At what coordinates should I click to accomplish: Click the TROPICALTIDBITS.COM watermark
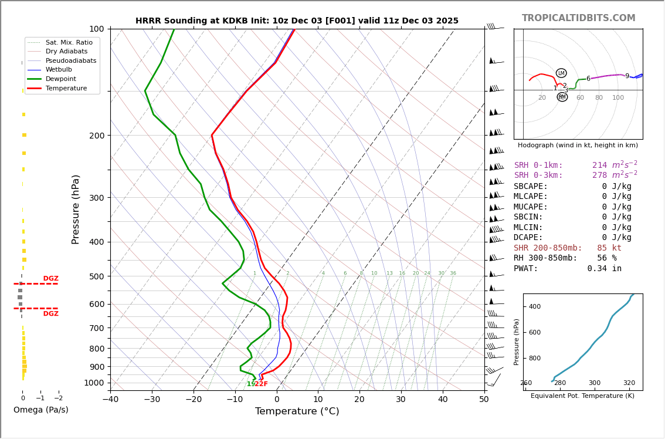tap(578, 18)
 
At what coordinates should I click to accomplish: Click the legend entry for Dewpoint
tap(61, 79)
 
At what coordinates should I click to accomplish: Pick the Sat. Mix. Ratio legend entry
tap(69, 42)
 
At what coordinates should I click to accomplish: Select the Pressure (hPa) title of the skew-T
tap(76, 209)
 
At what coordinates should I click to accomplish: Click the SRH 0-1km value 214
tap(599, 166)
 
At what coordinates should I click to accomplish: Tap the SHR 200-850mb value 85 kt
tap(609, 248)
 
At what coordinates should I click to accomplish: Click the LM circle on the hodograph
tap(561, 73)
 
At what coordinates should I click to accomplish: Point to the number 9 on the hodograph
tap(627, 76)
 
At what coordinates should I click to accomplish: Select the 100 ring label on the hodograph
tap(618, 98)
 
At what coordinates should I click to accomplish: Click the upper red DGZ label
tap(50, 279)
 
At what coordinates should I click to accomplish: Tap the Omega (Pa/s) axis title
tap(40, 410)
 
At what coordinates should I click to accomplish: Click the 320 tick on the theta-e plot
tap(629, 383)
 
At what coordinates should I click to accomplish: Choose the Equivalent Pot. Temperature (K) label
tap(582, 396)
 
